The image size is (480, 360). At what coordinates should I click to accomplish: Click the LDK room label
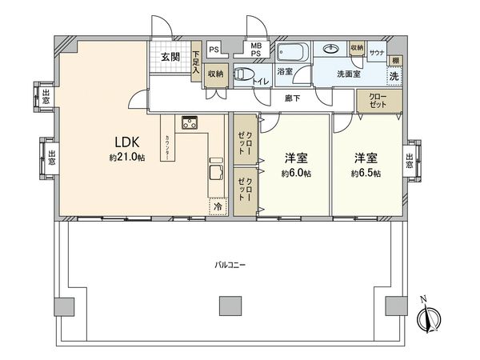tap(124, 142)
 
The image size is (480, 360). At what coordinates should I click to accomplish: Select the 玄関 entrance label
tap(169, 57)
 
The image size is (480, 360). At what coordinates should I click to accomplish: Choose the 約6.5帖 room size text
tap(364, 173)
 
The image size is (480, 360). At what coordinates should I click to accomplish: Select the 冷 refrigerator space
tap(218, 206)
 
